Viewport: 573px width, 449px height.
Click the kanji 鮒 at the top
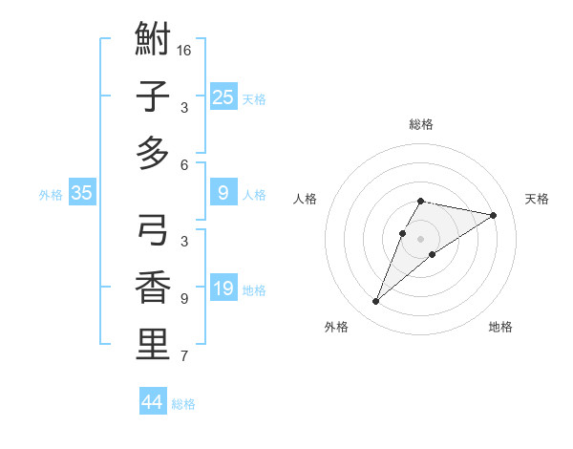point(153,40)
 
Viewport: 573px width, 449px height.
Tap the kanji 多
point(153,153)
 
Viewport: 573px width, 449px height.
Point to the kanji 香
point(153,288)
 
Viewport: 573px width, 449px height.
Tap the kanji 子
point(153,96)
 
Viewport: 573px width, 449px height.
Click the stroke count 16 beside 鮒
point(184,50)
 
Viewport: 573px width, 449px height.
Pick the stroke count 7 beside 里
point(184,356)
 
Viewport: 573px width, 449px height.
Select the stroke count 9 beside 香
point(184,298)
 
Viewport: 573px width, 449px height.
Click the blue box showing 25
point(223,97)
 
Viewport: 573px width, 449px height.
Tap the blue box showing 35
point(81,194)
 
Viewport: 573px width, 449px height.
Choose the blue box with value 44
point(153,402)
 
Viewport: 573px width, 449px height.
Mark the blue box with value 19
point(223,289)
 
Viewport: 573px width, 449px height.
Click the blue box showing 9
point(223,194)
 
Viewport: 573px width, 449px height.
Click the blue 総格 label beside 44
point(183,404)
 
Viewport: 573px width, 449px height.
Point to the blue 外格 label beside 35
point(51,195)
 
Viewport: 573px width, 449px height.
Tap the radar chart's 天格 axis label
point(537,199)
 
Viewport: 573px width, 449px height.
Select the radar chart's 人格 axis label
point(305,199)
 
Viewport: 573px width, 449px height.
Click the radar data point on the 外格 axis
point(375,302)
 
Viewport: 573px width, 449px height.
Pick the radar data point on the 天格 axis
point(493,215)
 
